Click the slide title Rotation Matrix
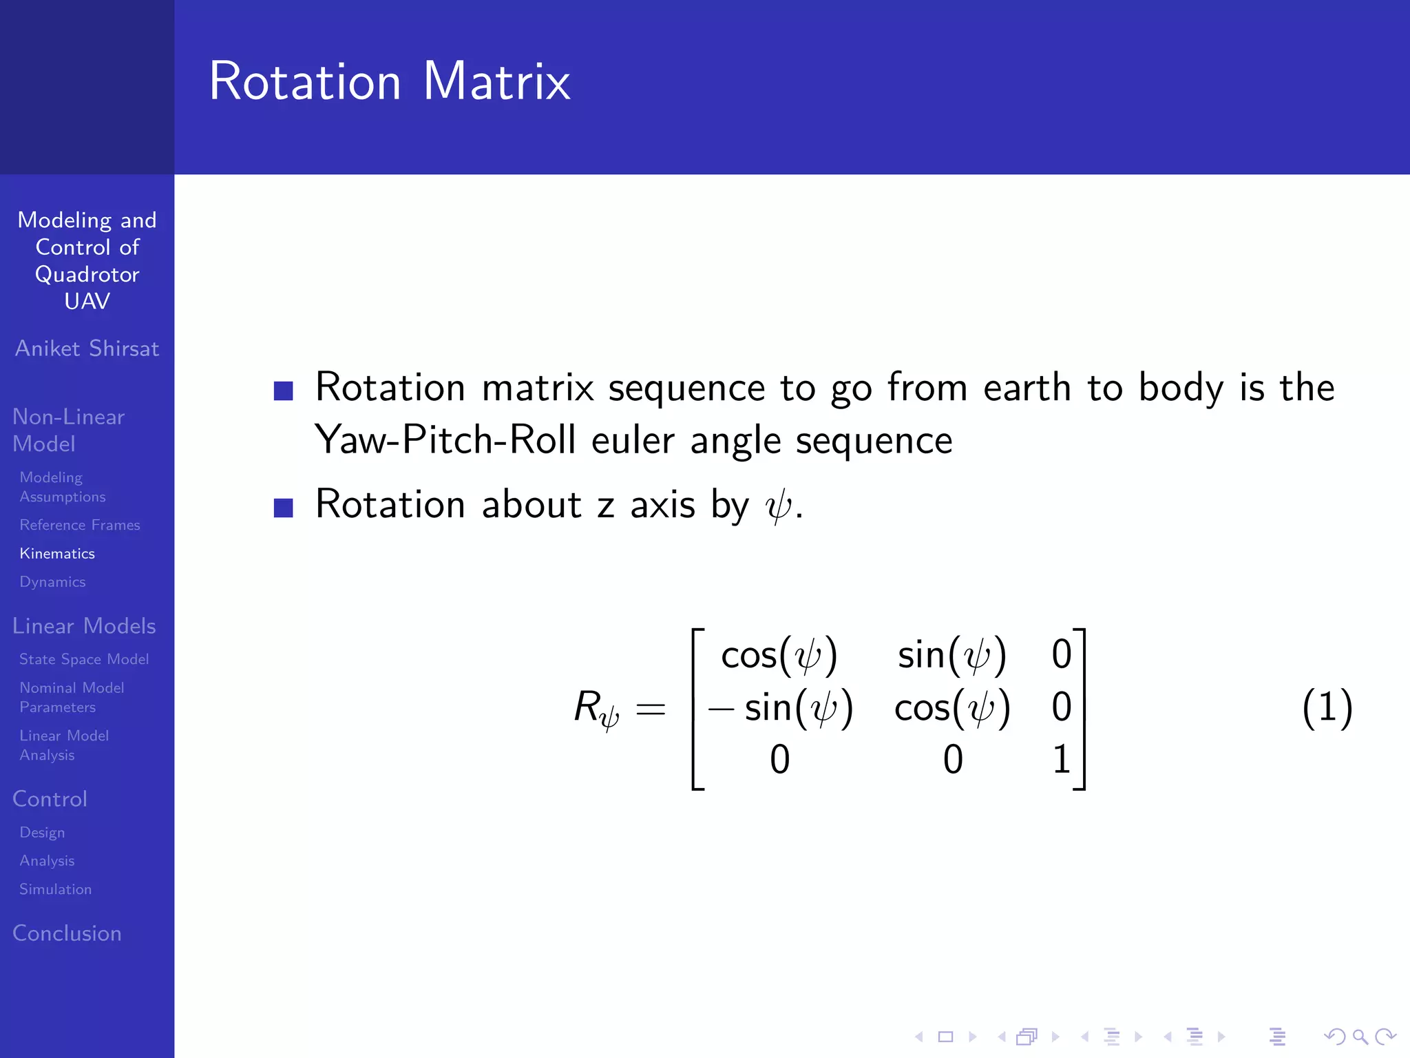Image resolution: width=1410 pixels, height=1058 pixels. pos(390,81)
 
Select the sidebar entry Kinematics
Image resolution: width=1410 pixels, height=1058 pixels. pos(57,554)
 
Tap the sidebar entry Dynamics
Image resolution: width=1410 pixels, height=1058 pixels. pos(52,582)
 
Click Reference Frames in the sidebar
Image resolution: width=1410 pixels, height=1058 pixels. pos(80,526)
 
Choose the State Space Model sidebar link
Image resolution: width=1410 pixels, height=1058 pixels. pos(84,660)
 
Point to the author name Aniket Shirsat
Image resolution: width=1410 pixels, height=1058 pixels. pos(87,349)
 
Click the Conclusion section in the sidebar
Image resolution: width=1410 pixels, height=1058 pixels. pos(67,933)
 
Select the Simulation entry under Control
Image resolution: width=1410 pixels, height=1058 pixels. pos(55,889)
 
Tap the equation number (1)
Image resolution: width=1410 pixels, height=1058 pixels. pos(1327,707)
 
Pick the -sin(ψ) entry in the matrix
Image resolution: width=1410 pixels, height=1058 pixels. pos(780,708)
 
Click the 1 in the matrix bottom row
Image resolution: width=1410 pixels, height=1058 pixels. pos(1061,760)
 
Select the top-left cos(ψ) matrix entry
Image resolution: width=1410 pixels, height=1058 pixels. pos(779,655)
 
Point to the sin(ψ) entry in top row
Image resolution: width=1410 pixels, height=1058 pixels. pos(952,655)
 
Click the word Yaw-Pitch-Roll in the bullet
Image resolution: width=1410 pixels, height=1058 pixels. pos(445,439)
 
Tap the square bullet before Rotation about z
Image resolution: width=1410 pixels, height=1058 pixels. pos(284,508)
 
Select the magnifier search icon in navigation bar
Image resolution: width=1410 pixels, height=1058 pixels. pos(1359,1037)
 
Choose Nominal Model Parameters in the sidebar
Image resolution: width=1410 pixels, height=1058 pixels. pos(72,697)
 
